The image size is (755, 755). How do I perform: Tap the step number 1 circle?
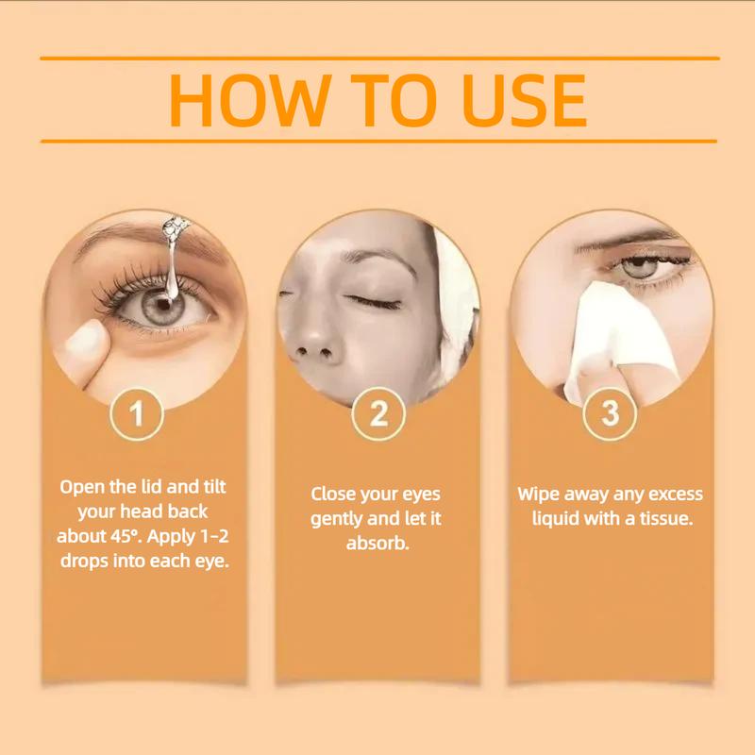click(x=138, y=414)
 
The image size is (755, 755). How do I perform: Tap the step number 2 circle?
click(x=377, y=414)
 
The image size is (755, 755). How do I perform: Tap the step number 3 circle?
click(x=610, y=414)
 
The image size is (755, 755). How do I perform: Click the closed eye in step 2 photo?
click(x=370, y=300)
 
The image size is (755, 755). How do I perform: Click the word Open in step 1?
click(x=81, y=488)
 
